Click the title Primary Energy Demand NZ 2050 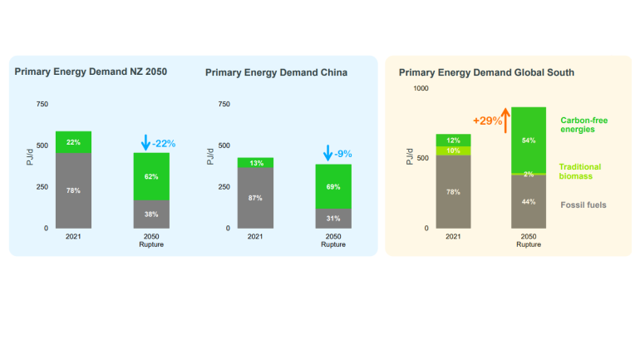coord(91,72)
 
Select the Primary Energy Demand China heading coord(276,72)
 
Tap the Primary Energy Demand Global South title coord(486,72)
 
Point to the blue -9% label coord(343,154)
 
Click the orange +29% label coord(487,121)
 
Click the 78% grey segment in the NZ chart coord(74,190)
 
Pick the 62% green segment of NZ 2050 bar coord(151,176)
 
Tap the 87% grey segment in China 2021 coord(255,198)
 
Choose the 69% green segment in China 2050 coord(332,187)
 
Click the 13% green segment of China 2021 coord(255,163)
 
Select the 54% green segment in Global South coord(528,141)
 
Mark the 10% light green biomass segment coord(453,150)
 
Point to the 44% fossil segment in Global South coord(528,201)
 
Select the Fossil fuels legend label coord(583,205)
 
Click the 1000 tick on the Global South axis coord(421,88)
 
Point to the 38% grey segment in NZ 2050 coord(151,214)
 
